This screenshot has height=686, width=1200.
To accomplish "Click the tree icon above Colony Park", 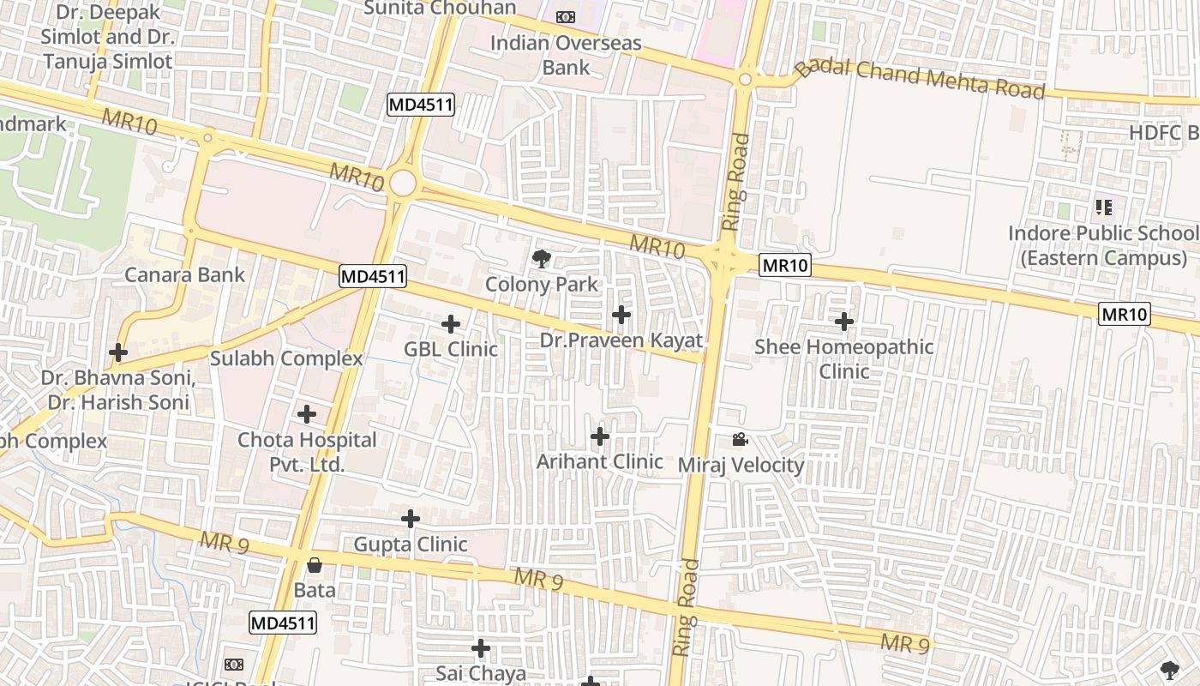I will (541, 258).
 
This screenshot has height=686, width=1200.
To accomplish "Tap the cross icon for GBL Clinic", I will (451, 324).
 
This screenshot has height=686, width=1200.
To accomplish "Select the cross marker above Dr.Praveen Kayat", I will (621, 315).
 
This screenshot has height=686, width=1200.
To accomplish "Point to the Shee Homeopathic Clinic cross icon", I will (844, 322).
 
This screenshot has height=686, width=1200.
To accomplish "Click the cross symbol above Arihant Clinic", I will (600, 437).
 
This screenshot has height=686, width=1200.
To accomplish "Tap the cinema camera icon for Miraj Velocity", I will (740, 440).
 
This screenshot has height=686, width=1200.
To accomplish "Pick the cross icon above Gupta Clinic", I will (411, 519).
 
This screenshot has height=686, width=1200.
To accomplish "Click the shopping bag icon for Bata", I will (315, 565).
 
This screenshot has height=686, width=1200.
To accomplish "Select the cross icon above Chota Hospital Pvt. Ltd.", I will (307, 415).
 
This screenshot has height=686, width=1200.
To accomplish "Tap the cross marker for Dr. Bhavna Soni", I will (118, 352).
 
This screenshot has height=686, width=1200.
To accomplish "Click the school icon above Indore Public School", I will (1104, 207).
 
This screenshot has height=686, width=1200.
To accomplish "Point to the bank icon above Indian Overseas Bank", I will (565, 17).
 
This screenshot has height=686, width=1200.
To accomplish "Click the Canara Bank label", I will (185, 275).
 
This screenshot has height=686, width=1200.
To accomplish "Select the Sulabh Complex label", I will (286, 358).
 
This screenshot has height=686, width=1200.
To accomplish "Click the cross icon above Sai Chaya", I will (481, 648).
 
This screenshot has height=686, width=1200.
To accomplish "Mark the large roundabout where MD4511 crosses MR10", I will (402, 183).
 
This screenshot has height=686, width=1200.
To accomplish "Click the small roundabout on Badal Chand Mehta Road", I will (745, 80).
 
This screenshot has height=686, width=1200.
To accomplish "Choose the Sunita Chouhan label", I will (440, 9).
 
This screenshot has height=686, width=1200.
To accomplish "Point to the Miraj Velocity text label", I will (741, 466).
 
